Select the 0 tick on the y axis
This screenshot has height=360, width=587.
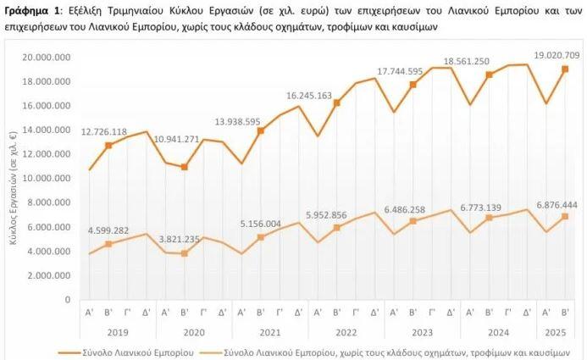[67, 300]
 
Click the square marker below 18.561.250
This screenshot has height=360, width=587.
[489, 75]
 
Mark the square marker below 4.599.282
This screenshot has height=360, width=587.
[108, 244]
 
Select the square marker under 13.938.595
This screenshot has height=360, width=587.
[261, 130]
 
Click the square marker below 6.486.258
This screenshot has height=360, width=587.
[413, 221]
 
